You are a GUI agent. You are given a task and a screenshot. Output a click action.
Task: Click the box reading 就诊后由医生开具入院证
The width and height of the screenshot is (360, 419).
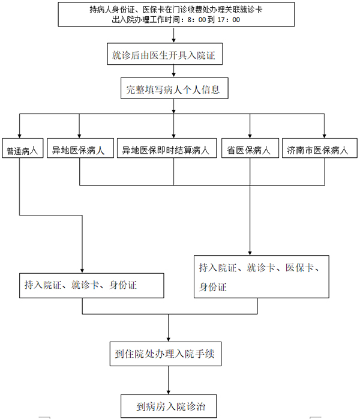165,53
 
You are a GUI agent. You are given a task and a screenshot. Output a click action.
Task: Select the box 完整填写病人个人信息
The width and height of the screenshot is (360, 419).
175,88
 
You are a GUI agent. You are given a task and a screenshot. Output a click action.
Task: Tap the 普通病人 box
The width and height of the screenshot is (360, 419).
22,148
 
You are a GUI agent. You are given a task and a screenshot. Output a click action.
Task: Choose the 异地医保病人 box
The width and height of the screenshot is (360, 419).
80,148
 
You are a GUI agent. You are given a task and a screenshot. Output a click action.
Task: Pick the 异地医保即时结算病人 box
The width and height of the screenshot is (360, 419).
167,148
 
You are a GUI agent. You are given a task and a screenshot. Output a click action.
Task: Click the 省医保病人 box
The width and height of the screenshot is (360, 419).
250,148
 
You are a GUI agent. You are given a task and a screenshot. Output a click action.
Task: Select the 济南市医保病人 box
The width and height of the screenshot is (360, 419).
320,148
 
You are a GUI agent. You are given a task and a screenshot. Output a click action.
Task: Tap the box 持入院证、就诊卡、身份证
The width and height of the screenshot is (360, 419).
92,285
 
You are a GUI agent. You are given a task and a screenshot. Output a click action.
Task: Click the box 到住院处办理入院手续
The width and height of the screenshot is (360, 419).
166,354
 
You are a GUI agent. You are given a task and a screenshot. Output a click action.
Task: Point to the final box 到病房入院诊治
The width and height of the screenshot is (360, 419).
169,406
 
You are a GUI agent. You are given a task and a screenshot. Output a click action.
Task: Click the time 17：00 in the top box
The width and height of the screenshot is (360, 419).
229,20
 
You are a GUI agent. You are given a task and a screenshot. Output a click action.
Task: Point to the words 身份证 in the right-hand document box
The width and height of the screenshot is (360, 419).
212,288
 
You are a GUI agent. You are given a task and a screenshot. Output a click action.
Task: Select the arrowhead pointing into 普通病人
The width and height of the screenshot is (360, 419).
19,136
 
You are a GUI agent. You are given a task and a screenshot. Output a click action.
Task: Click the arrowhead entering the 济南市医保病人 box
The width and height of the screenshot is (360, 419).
324,136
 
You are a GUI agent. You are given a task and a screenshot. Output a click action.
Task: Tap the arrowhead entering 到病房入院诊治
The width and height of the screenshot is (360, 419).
168,392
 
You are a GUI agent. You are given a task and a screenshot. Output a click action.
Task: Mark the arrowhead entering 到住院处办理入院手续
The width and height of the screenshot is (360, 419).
168,339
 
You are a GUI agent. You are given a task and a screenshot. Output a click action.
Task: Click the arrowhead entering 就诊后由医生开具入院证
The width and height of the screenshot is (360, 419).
173,41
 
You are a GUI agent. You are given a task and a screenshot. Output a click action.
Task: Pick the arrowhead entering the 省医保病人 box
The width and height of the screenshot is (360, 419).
250,136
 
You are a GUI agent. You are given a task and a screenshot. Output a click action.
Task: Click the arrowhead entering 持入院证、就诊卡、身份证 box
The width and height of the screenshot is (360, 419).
82,271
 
